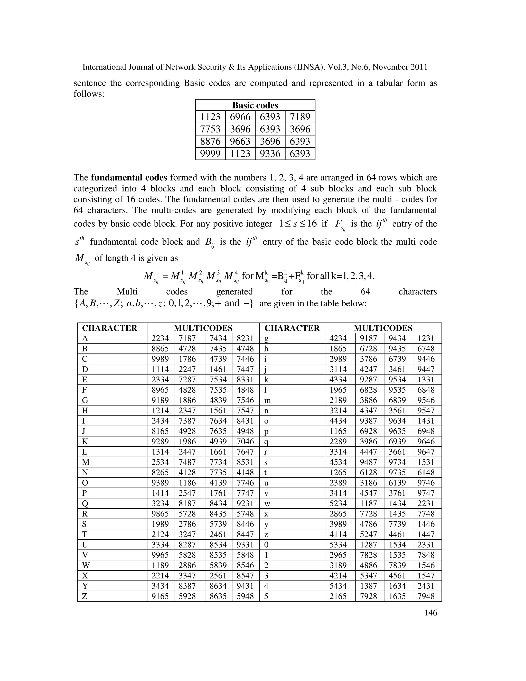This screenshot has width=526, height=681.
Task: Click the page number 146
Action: pos(431,613)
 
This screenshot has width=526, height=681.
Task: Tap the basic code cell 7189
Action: pos(300,117)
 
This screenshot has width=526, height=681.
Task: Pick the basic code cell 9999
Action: pos(210,154)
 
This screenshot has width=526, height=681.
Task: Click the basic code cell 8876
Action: pos(210,142)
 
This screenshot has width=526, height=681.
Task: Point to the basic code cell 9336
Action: pos(270,154)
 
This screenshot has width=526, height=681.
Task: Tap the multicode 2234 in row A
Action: pos(160,339)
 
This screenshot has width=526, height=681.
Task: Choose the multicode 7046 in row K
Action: pos(245,441)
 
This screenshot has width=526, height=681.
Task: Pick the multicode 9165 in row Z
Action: pos(160,596)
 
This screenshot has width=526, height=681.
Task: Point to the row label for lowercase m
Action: pos(267,400)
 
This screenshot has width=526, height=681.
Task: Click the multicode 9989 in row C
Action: pos(160,359)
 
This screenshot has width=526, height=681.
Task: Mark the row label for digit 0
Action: pos(266,545)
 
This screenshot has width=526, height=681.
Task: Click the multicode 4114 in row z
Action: pos(338,535)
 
